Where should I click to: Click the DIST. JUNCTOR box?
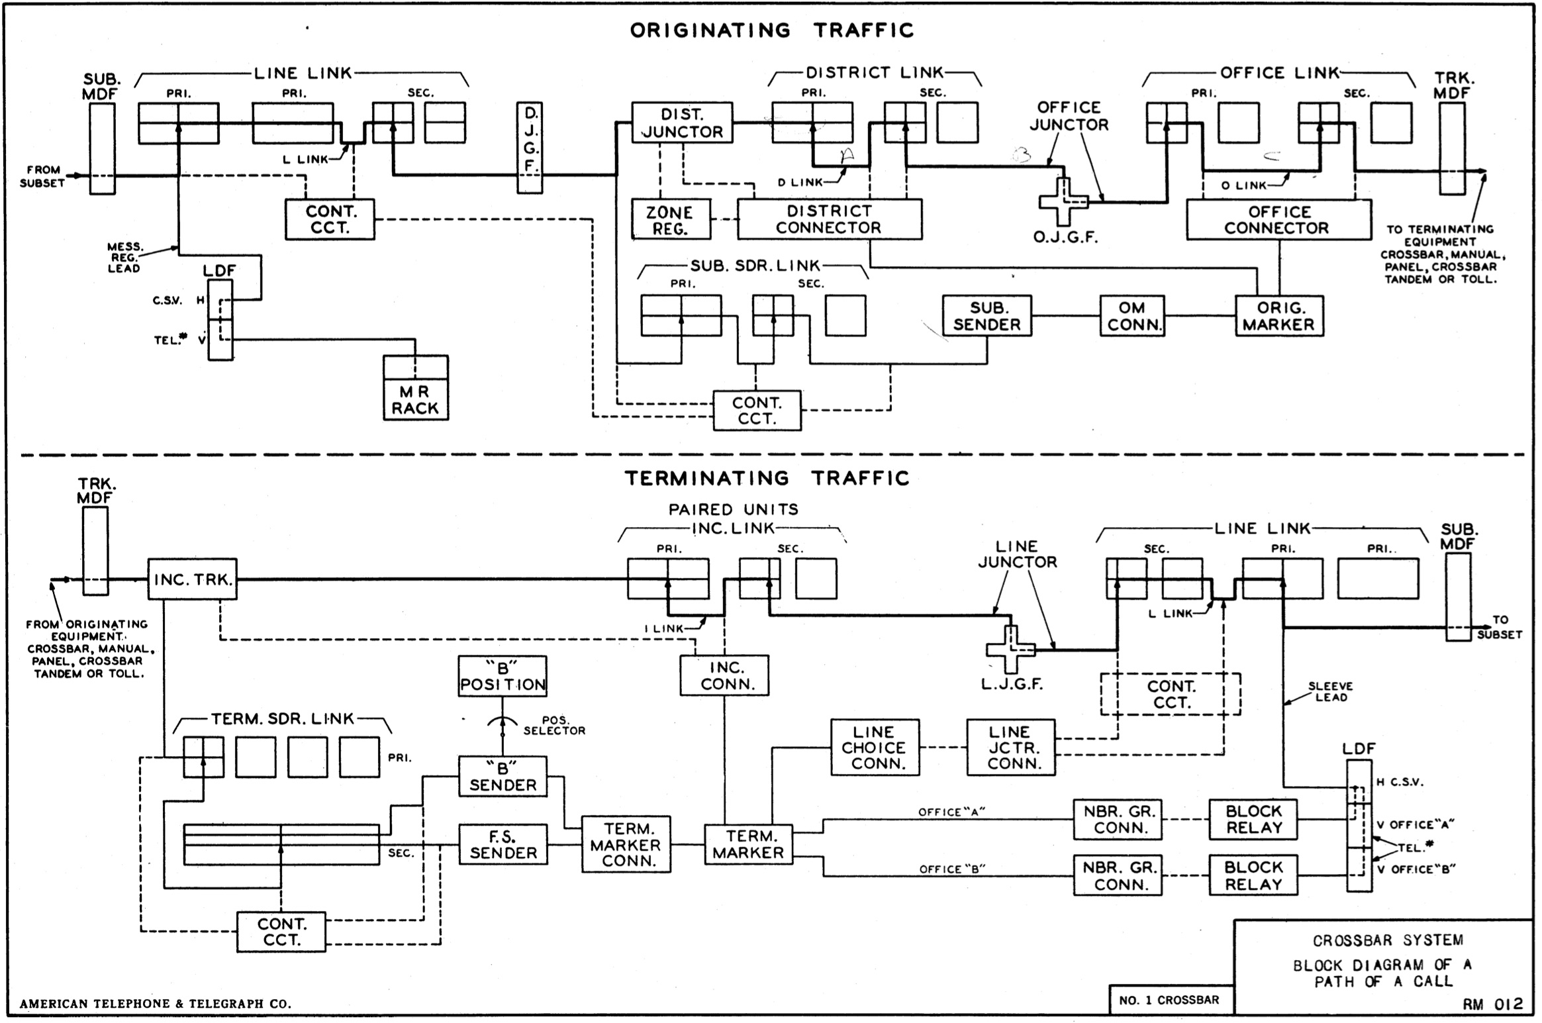[x=682, y=122]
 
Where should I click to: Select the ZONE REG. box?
[x=670, y=220]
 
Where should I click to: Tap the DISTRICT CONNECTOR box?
[x=829, y=219]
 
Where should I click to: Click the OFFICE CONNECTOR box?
[x=1278, y=220]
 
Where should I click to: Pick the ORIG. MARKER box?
[x=1279, y=316]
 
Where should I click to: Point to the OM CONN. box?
[x=1132, y=316]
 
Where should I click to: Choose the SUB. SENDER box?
[x=987, y=316]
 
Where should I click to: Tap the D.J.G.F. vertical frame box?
[x=530, y=147]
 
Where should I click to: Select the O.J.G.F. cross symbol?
[x=1063, y=202]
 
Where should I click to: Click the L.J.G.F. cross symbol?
[x=1011, y=650]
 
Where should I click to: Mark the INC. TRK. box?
[x=192, y=579]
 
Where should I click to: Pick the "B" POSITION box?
[x=503, y=676]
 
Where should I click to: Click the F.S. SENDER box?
[x=503, y=844]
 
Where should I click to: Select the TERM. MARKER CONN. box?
[x=626, y=844]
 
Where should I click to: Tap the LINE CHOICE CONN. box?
[x=875, y=748]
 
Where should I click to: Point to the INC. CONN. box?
[x=724, y=675]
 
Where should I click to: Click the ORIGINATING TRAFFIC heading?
[x=771, y=30]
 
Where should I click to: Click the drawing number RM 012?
[x=1493, y=1004]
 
